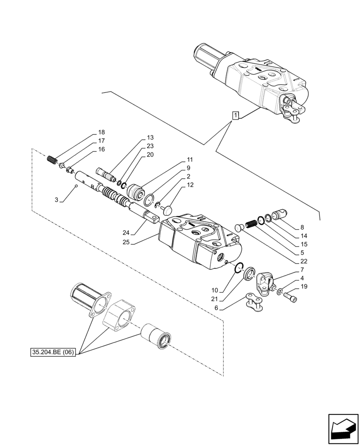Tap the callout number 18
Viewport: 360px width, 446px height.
tap(102, 132)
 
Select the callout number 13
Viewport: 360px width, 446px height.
tap(150, 138)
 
